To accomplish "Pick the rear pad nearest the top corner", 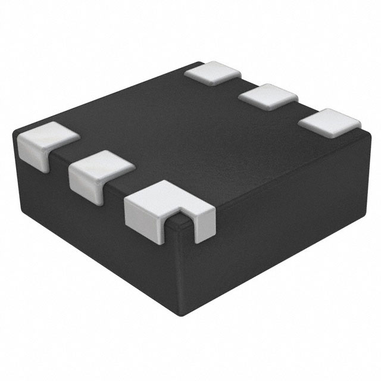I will pyautogui.click(x=213, y=71).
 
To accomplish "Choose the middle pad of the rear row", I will pyautogui.click(x=268, y=95).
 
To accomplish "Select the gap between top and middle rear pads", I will pyautogui.click(x=238, y=83).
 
